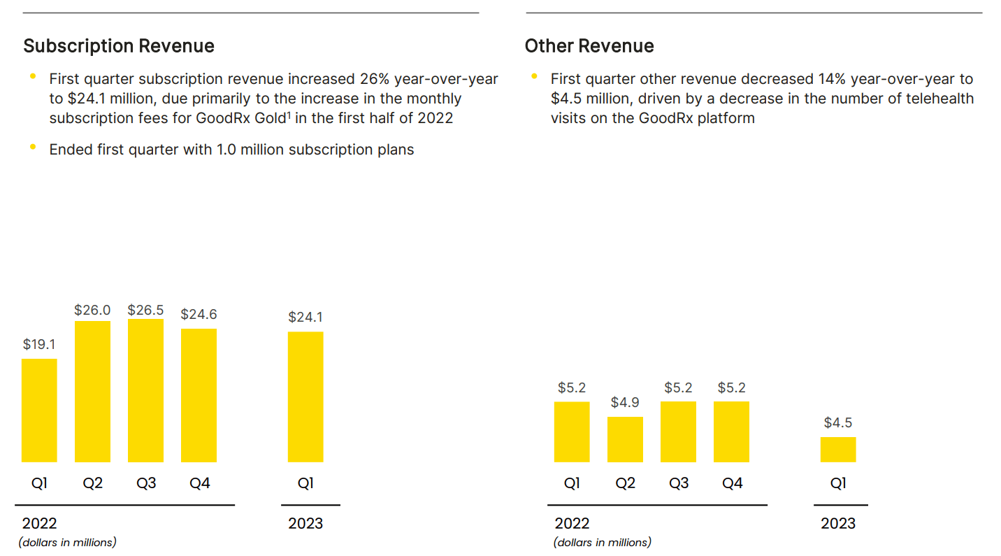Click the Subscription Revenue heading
(119, 46)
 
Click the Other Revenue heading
(589, 46)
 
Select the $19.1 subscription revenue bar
(39, 411)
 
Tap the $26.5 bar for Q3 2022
(145, 390)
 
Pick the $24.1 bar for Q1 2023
(305, 397)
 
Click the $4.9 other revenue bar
(625, 439)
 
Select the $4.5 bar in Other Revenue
(838, 450)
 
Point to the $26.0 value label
(92, 310)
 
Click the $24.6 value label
(199, 314)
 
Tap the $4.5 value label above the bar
(838, 422)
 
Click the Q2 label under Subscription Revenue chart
(92, 483)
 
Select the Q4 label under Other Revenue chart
(732, 483)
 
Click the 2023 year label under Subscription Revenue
(305, 523)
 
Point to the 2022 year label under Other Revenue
(572, 523)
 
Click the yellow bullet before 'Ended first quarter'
(32, 147)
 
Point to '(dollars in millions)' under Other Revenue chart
(603, 542)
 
